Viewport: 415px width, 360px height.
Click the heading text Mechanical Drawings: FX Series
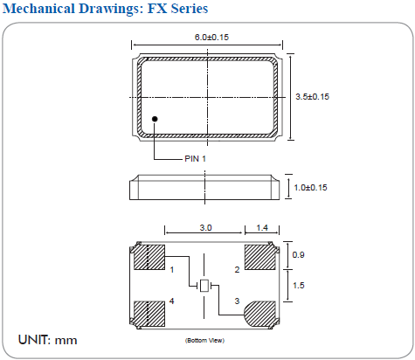coord(106,10)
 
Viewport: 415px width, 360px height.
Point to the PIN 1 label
coord(196,158)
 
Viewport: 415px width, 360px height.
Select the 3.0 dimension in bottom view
coord(205,228)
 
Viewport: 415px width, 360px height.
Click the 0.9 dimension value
coord(297,255)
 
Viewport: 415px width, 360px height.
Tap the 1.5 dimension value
coord(297,286)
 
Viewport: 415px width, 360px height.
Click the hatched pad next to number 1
coord(148,258)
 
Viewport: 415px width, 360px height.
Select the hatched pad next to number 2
coord(260,258)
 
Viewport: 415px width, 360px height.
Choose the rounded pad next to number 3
coord(260,313)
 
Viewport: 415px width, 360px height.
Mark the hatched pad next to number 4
coord(148,313)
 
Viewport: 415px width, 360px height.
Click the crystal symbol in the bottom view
coord(204,286)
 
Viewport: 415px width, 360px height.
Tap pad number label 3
coord(237,301)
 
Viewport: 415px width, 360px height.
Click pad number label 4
coord(172,301)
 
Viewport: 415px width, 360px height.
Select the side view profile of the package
coord(205,187)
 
